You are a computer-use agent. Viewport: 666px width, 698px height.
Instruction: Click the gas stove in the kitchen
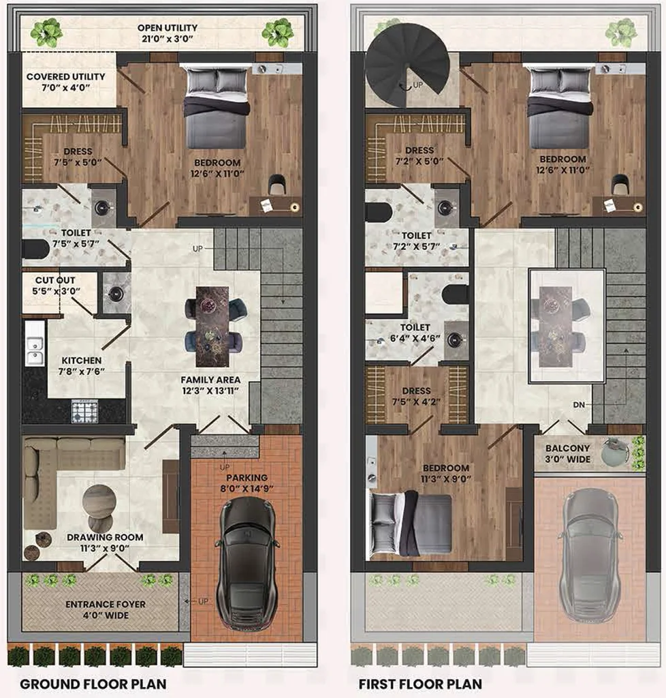[x=85, y=411]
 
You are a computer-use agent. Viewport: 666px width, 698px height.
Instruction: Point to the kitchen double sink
[x=34, y=351]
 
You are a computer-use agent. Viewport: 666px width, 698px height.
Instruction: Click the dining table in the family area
[x=212, y=325]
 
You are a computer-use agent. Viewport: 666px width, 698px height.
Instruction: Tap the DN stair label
[x=579, y=405]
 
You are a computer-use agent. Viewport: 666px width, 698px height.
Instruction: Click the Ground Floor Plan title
[x=93, y=684]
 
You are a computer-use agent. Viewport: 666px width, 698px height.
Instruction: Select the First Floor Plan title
[x=420, y=684]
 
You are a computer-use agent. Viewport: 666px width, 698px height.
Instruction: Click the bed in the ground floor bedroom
[x=217, y=108]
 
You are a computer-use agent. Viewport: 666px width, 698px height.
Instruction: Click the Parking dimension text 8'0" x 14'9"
[x=247, y=488]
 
